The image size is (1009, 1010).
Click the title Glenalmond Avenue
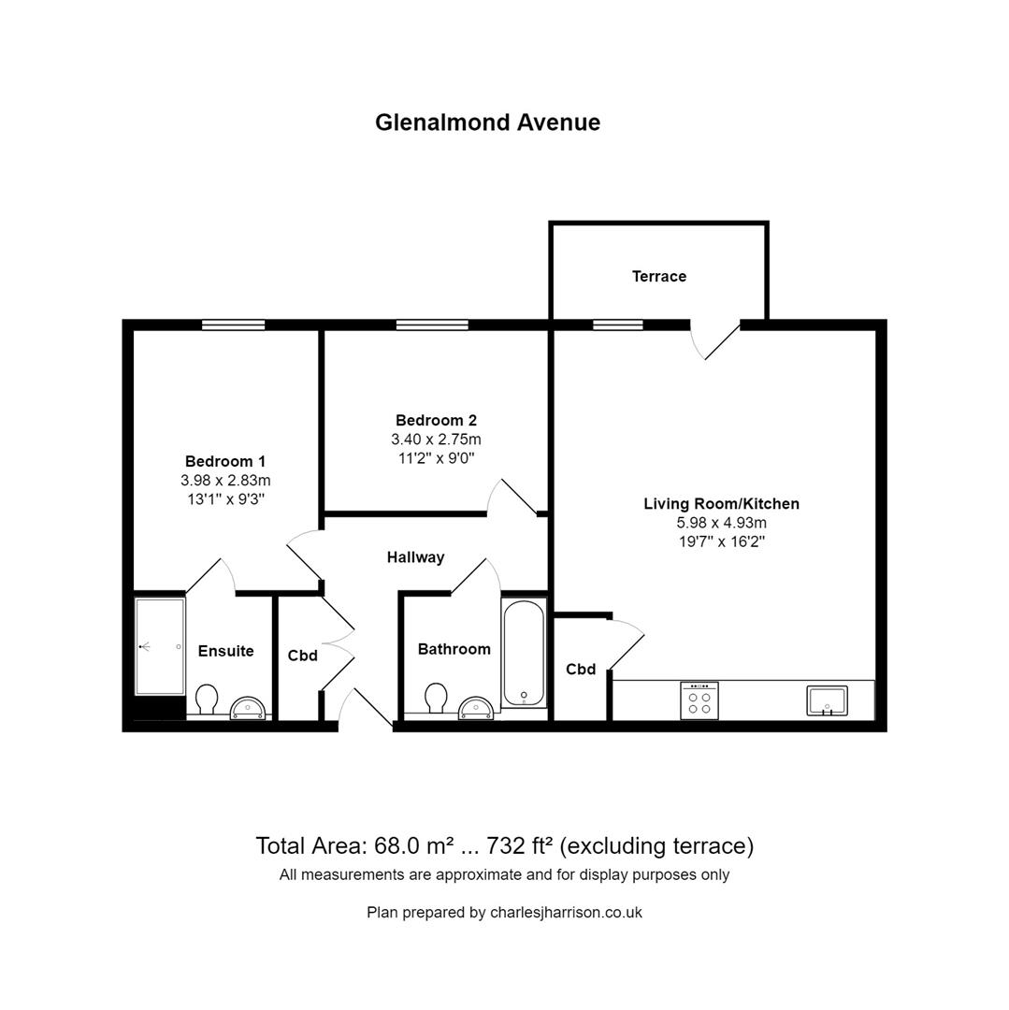click(487, 123)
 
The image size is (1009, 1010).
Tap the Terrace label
click(658, 276)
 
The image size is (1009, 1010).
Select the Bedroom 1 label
click(225, 461)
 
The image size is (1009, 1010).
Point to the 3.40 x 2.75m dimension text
click(436, 440)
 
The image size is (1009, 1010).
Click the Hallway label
click(415, 557)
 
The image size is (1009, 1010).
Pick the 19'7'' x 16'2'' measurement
click(721, 541)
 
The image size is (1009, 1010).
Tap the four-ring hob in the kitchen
click(699, 700)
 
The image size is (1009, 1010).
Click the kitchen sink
click(827, 700)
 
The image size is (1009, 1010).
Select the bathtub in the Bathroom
click(523, 653)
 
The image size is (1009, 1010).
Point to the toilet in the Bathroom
click(436, 698)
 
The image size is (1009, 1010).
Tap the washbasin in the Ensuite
click(249, 707)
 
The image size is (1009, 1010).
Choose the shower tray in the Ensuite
click(159, 646)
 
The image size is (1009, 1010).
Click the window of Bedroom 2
click(431, 325)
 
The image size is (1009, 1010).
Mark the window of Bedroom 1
click(233, 325)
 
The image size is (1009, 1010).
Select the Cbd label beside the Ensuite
click(303, 656)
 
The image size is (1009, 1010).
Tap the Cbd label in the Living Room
click(581, 670)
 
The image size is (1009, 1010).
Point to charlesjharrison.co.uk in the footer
click(566, 913)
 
